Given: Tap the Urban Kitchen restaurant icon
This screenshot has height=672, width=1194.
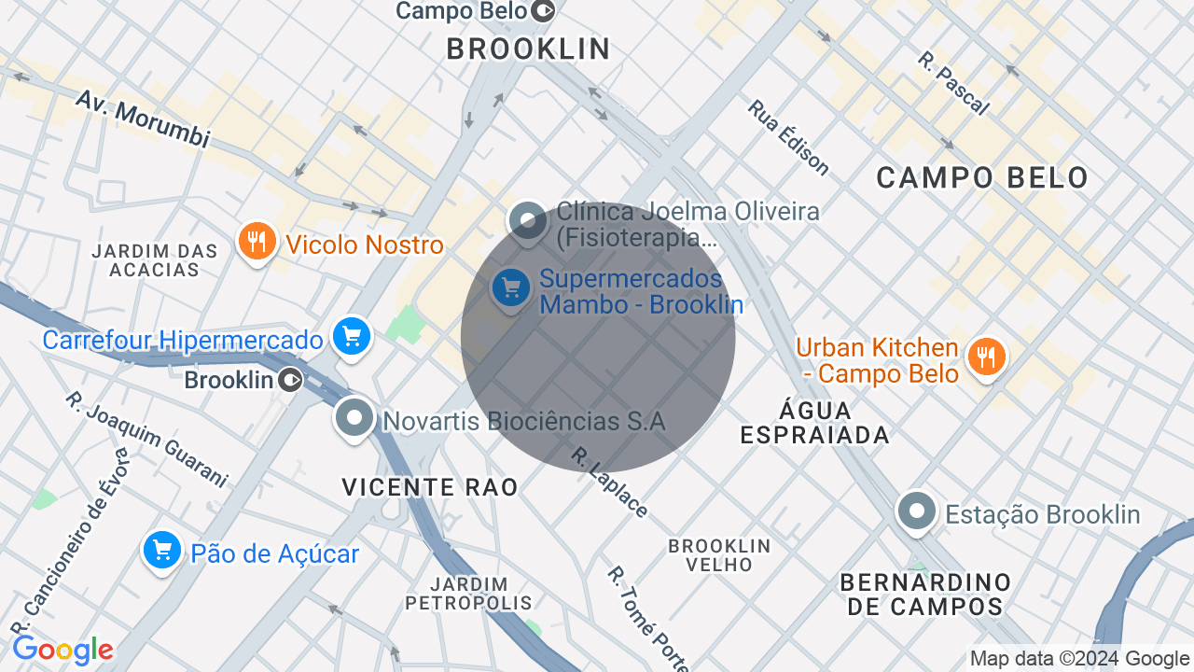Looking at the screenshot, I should point(986,357).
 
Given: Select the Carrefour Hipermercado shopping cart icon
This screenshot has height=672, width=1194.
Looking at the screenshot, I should point(352,337).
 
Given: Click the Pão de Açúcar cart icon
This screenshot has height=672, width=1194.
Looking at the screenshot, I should point(161,551).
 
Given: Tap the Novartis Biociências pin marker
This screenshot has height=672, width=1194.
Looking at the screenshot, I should point(354,418).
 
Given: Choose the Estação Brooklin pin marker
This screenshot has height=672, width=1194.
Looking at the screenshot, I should point(917,511).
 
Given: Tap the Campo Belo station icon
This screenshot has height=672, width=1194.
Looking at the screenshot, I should point(544,11).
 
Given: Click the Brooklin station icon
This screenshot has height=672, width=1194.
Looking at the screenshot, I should point(292,380).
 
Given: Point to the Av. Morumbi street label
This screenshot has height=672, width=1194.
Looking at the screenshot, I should point(142,119).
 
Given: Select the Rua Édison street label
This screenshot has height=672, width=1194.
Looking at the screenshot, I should point(788,137).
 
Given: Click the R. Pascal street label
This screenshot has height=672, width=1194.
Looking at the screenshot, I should point(952,83).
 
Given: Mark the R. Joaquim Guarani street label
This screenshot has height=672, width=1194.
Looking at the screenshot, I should point(146,439).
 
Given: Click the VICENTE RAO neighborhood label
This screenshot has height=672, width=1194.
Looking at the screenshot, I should point(429,486).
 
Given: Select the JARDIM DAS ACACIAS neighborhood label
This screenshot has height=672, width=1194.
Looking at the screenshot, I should point(155,260).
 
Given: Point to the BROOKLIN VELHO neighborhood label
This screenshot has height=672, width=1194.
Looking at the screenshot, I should point(719,554).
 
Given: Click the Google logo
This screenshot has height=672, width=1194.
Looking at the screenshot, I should point(62,650).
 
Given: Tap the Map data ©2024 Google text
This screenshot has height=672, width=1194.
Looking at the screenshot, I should point(1079,659).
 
